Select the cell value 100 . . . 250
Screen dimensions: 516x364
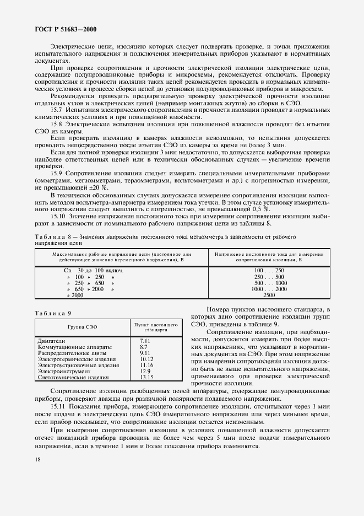coord(269,271)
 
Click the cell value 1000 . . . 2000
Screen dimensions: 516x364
coord(269,289)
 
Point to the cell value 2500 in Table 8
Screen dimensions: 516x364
coord(269,295)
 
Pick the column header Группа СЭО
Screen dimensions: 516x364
coord(83,326)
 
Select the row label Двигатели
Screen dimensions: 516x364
coord(50,341)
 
